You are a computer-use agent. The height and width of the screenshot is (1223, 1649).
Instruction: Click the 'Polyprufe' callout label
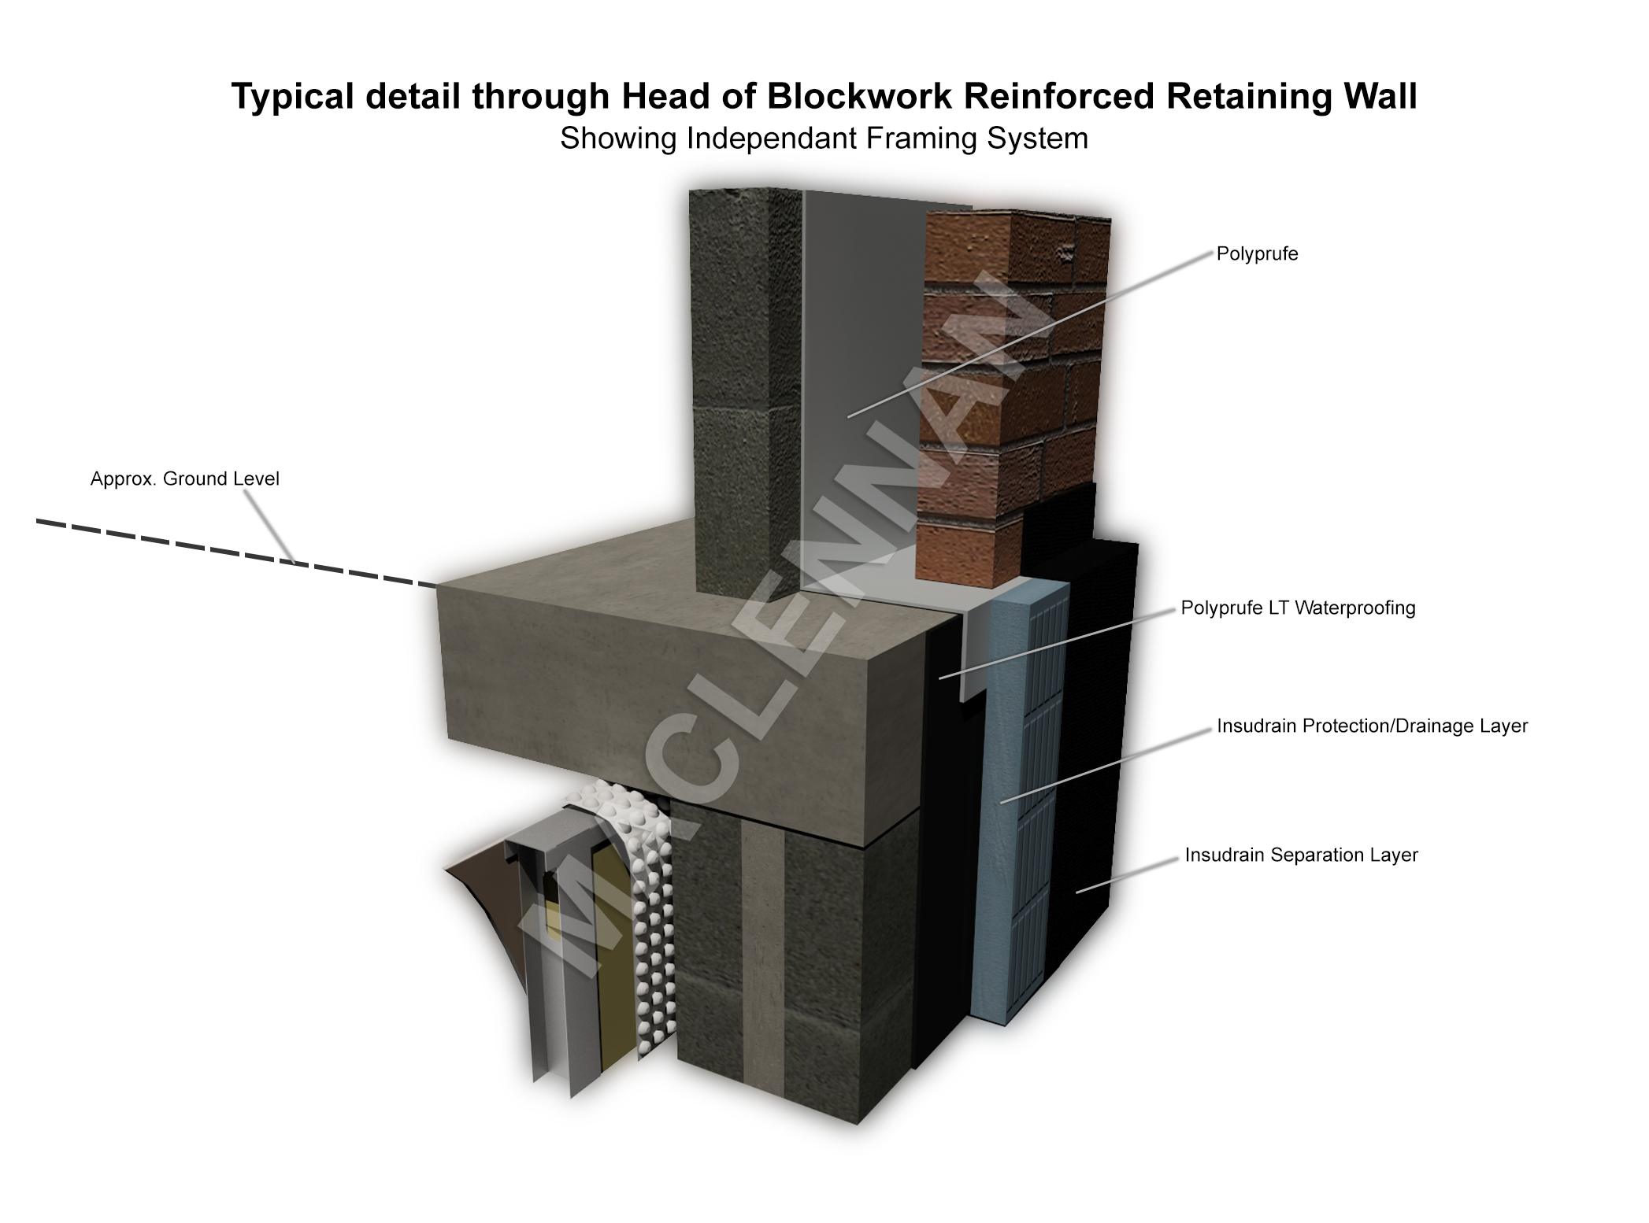[1257, 254]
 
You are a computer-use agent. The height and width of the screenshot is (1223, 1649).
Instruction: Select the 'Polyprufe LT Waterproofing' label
[1298, 608]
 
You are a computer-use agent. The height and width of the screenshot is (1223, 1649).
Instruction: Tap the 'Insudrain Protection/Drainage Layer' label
[1372, 726]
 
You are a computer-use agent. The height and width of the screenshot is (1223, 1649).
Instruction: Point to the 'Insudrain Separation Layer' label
[1301, 855]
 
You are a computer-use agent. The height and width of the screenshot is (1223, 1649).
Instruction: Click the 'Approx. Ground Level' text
[185, 478]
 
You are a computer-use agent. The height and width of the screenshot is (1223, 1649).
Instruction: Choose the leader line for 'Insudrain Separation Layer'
[1126, 875]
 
